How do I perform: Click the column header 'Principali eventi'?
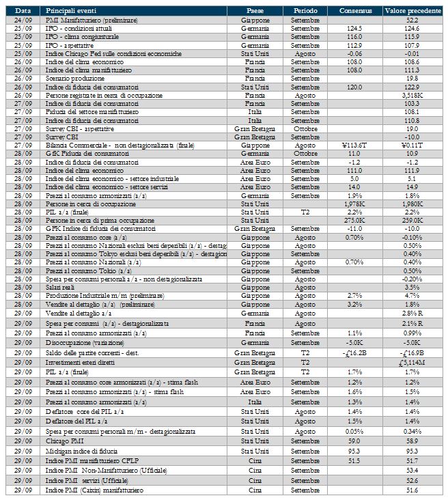pyautogui.click(x=71, y=12)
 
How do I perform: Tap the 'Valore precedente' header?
pyautogui.click(x=411, y=12)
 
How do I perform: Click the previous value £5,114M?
pyautogui.click(x=411, y=362)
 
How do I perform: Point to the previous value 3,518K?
pyautogui.click(x=411, y=96)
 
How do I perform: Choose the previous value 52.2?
pyautogui.click(x=411, y=20)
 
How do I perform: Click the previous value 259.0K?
pyautogui.click(x=411, y=220)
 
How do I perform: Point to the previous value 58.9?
pyautogui.click(x=411, y=442)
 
